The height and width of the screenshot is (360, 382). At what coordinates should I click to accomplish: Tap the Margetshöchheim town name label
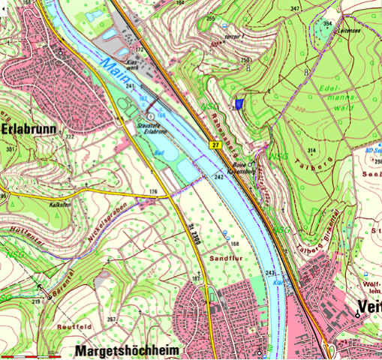coord(129,349)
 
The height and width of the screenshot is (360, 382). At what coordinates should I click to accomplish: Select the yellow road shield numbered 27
coord(215,144)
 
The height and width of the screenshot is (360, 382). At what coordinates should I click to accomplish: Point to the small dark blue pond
coord(239,106)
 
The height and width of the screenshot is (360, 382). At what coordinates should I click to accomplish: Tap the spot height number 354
coord(326,23)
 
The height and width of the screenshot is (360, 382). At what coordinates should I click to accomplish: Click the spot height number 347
coord(295,8)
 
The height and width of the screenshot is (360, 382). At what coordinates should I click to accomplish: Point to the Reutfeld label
coord(72,327)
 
